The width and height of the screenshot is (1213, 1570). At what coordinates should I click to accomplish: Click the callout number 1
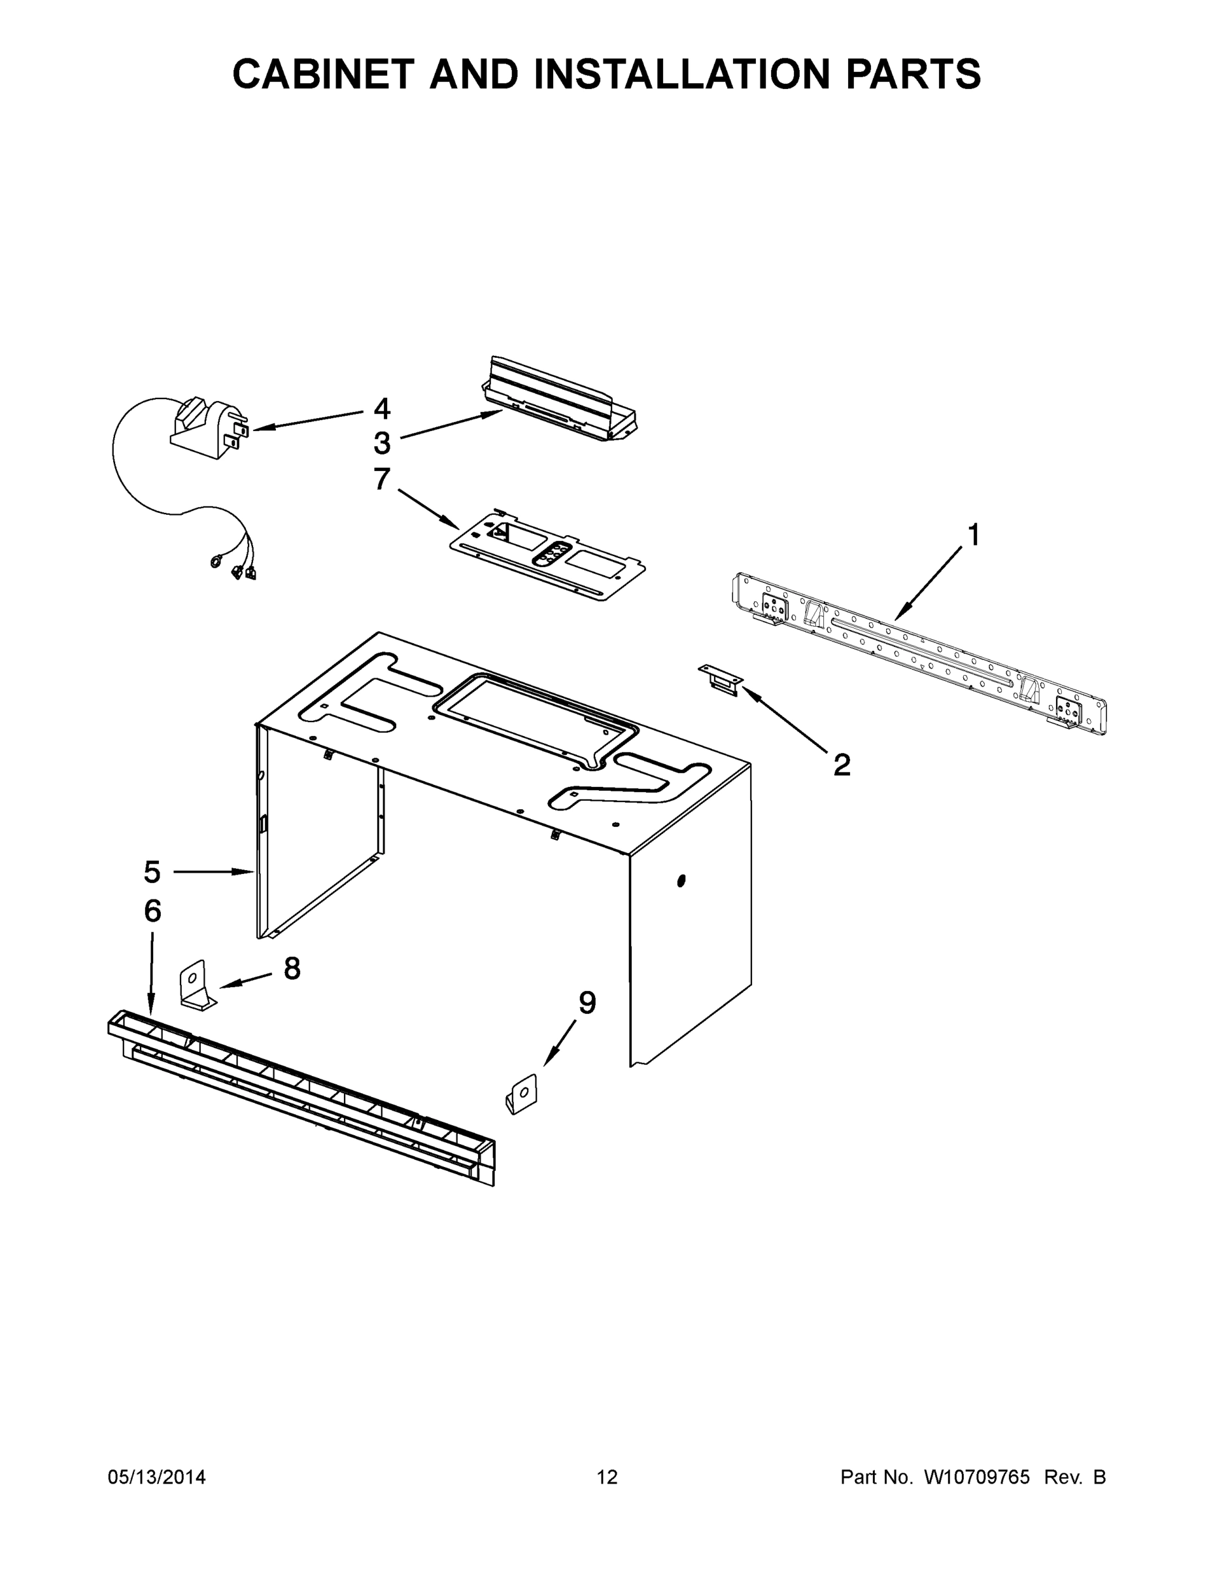973,536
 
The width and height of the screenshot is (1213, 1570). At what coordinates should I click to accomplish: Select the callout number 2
842,764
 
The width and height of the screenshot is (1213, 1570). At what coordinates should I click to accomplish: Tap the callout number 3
382,444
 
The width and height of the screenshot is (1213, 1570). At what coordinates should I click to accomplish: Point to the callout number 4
382,409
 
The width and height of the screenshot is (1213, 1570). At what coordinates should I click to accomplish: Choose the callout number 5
152,872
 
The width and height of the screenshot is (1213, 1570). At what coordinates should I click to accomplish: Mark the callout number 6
152,911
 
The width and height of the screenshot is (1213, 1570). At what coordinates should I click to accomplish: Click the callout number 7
382,480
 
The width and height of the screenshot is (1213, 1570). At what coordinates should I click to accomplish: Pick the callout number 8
292,969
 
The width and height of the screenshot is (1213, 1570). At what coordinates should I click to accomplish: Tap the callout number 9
587,1003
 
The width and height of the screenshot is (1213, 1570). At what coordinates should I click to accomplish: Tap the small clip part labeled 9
522,1094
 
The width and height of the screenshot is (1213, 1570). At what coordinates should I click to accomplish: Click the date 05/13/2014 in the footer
157,1477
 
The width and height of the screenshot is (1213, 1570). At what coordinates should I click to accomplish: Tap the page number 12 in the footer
607,1477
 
